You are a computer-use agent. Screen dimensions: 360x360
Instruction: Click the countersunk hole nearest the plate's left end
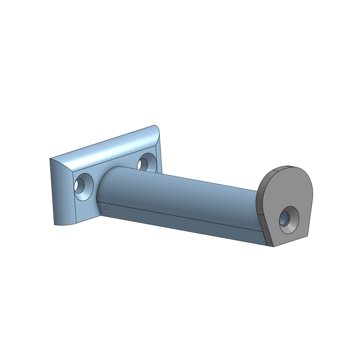coord(84,186)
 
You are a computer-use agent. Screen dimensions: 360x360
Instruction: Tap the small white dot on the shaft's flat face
coord(106,208)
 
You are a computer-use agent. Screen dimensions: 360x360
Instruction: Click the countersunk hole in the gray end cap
coord(289,220)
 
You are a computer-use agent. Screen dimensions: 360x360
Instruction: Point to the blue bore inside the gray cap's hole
coord(284,220)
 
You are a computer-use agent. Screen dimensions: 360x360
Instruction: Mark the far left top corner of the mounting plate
coord(50,159)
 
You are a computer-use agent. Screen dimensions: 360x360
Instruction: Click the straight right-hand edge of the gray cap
coord(311,212)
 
